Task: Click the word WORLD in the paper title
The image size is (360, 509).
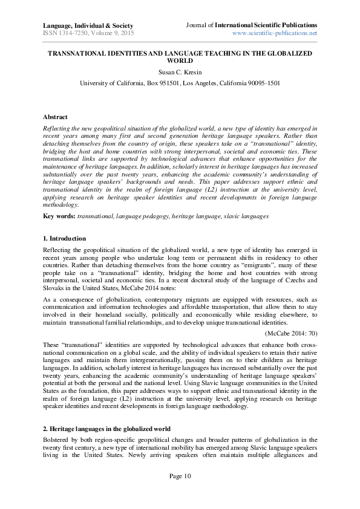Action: (180, 61)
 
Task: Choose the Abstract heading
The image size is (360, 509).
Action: (56, 116)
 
